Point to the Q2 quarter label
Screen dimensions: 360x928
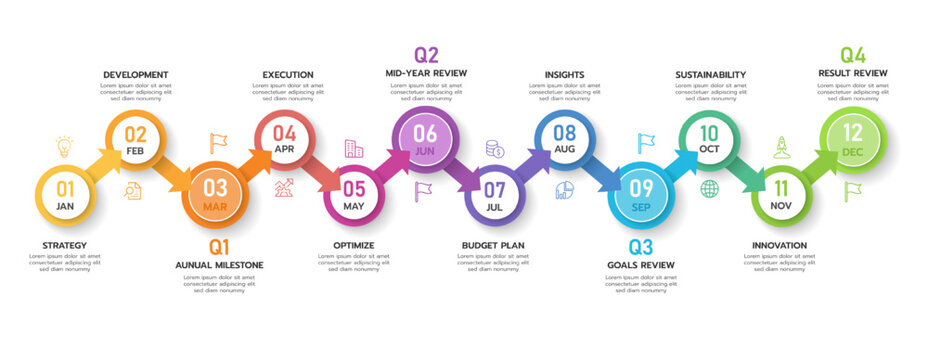(x=426, y=54)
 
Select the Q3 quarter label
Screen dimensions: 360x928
(x=641, y=246)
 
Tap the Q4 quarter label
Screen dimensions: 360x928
(x=852, y=54)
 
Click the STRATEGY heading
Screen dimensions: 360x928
(x=65, y=245)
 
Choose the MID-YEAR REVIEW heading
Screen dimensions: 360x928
(x=426, y=73)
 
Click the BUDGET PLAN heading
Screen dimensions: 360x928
(x=493, y=245)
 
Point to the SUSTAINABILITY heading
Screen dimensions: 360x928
(x=710, y=74)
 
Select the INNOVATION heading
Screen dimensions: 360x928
(x=779, y=245)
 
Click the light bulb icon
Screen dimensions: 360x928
(x=64, y=147)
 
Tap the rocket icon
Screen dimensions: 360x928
(x=782, y=147)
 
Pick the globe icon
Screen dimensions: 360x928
(x=709, y=188)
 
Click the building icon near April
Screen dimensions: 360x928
(x=354, y=148)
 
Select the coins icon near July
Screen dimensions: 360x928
(x=495, y=149)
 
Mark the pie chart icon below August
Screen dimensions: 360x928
(x=565, y=189)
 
